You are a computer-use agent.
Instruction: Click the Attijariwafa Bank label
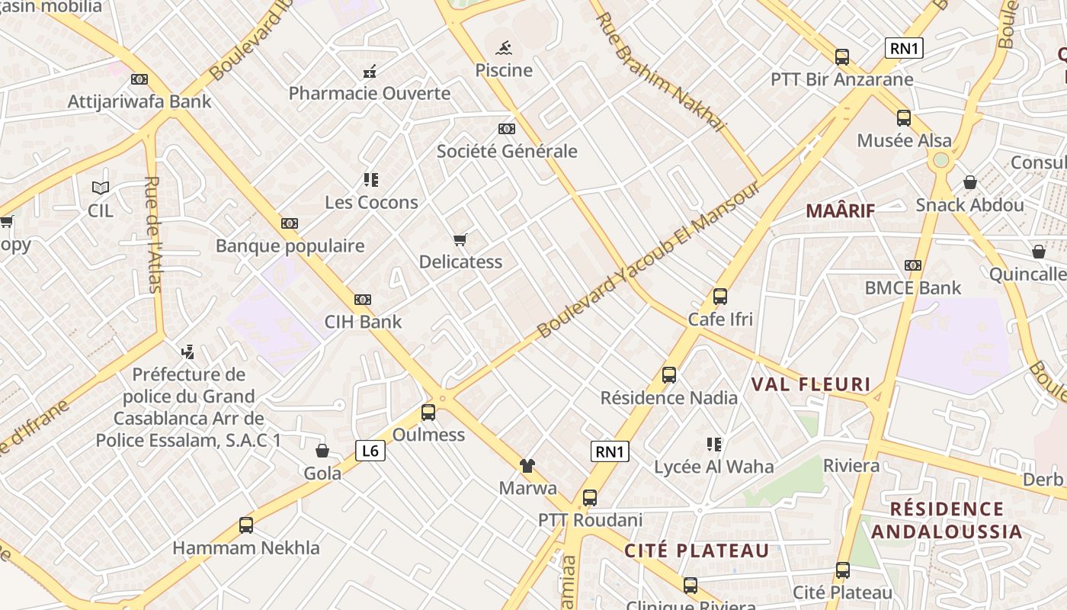tap(139, 101)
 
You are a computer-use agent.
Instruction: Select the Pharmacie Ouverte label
tap(370, 94)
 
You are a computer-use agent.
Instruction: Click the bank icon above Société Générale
tap(507, 129)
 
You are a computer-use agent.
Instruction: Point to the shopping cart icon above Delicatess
tap(460, 240)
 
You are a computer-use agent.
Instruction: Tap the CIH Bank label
tap(363, 322)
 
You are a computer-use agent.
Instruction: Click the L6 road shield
tap(370, 451)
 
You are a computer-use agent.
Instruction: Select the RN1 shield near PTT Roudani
tap(610, 451)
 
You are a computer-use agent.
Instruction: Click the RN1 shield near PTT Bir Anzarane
tap(905, 49)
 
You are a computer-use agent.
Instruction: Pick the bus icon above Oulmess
tap(428, 413)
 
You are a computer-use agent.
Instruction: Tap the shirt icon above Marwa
tap(527, 465)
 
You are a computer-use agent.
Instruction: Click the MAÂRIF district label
tap(840, 211)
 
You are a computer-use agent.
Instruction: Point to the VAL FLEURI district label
tap(811, 384)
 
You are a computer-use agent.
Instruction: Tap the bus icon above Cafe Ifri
tap(720, 297)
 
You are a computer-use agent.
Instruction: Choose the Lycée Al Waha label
tap(714, 467)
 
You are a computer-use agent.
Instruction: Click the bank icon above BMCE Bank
tap(913, 265)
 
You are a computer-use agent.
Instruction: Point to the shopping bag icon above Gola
tap(322, 451)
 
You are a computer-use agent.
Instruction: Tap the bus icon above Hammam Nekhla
tap(246, 525)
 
